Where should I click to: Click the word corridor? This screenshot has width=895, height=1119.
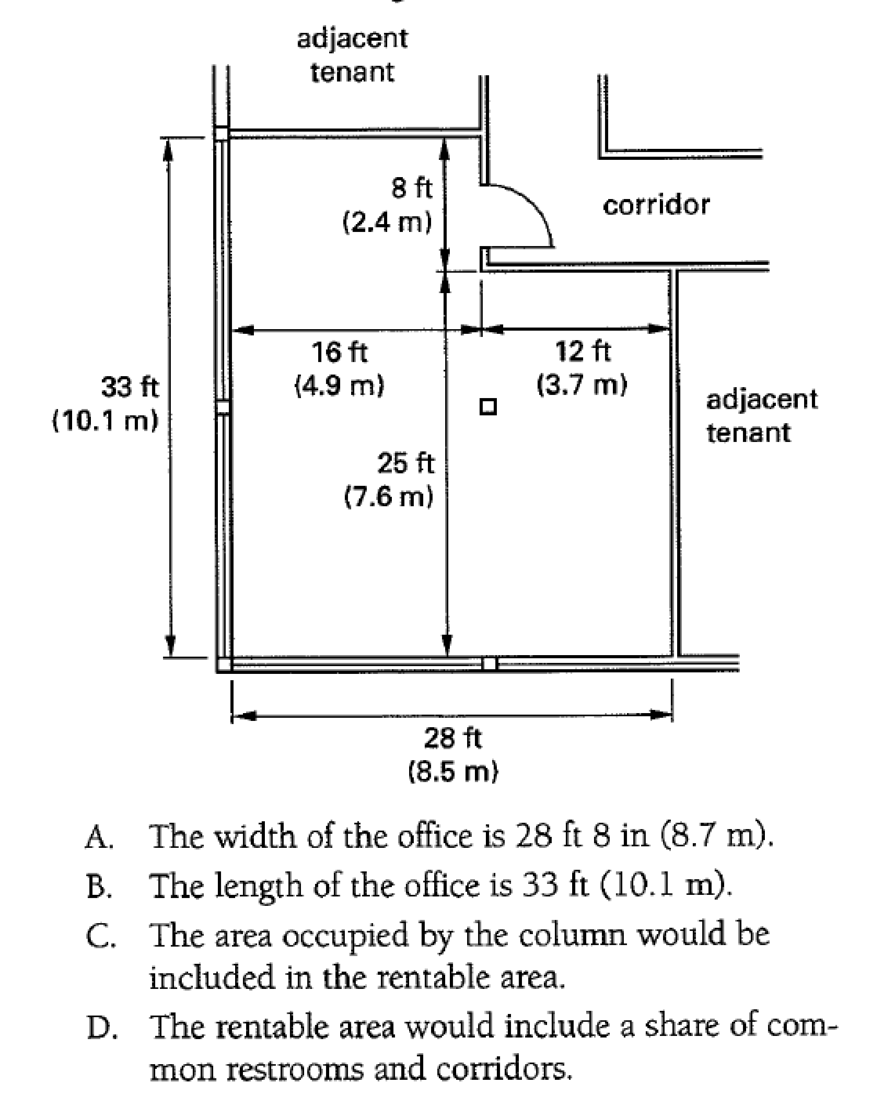656,205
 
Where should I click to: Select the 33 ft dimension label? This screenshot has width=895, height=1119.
130,386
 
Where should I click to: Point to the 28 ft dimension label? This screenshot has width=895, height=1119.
453,737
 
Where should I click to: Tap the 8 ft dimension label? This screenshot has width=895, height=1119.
411,188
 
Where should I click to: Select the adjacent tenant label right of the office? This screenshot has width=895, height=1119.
761,415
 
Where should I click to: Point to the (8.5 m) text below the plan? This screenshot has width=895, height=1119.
453,772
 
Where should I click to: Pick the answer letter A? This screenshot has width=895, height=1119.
100,838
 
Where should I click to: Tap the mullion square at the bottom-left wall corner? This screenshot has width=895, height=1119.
224,665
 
